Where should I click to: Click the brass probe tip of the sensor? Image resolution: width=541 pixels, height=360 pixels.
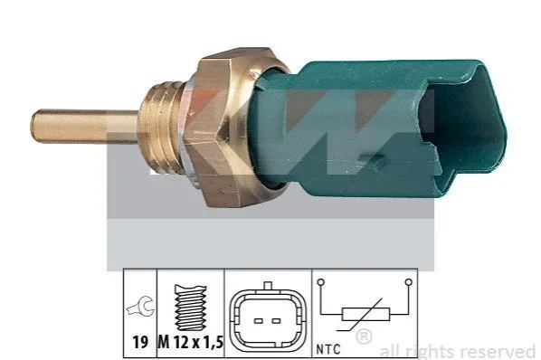tap(84, 126)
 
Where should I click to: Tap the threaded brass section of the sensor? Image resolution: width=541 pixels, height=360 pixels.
tap(161, 125)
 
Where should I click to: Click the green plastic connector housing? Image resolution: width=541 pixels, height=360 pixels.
tap(380, 128)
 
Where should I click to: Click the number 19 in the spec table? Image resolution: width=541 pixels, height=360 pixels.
tap(140, 343)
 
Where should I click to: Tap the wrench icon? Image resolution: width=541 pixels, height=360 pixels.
tap(140, 306)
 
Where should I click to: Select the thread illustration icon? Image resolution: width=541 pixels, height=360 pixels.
tap(191, 308)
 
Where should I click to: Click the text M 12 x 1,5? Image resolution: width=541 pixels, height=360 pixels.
tap(191, 343)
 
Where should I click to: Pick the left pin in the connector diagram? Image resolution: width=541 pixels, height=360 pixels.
tap(259, 321)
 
